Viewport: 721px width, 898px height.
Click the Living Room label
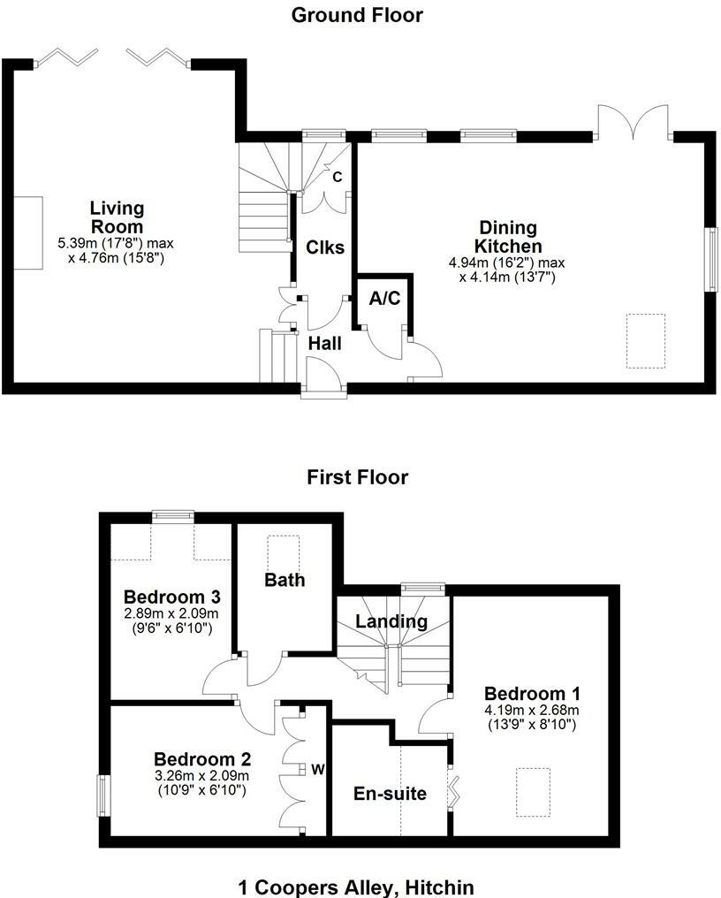[117, 217]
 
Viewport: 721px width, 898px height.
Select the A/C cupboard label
[384, 299]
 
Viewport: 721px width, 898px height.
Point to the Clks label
[325, 247]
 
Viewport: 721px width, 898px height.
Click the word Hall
[324, 344]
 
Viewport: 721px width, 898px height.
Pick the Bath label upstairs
[285, 580]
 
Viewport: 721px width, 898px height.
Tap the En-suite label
[390, 794]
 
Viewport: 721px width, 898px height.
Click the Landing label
[391, 621]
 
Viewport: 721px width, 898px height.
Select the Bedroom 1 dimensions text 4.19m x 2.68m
[531, 710]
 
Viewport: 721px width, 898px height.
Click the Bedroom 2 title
[202, 759]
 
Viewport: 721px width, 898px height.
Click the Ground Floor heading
[358, 15]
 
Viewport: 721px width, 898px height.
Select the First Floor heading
[358, 478]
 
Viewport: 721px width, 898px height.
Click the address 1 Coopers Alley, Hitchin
[357, 887]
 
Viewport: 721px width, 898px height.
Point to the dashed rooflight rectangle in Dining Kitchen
[646, 340]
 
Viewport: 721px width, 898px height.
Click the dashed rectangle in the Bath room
[285, 546]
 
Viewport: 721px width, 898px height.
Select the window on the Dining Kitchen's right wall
[709, 258]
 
